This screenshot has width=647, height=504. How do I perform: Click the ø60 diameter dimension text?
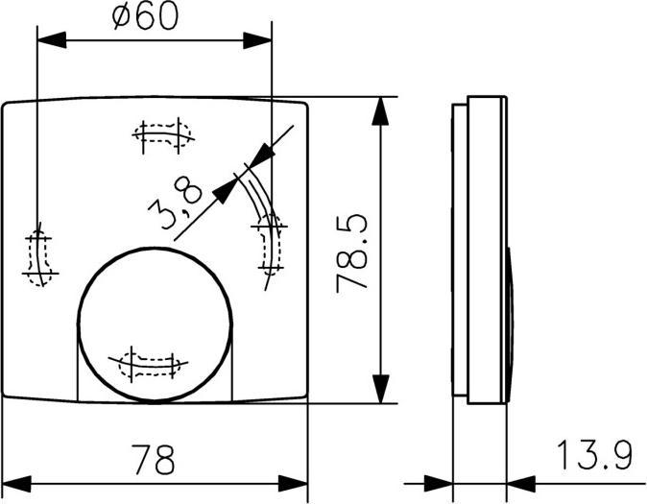tap(145, 17)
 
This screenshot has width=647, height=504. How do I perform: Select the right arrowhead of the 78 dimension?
tap(294, 482)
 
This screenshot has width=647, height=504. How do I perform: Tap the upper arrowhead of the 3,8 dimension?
tap(262, 155)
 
